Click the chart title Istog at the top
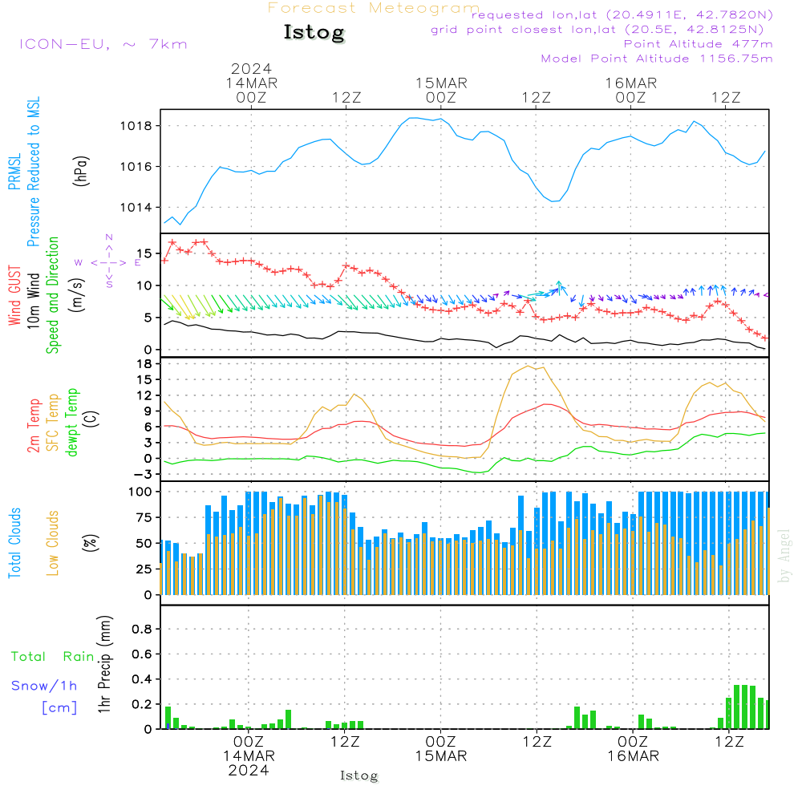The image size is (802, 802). tap(314, 33)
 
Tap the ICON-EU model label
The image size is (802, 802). tap(103, 43)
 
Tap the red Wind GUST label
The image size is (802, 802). tap(14, 297)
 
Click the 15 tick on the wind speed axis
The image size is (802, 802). tap(146, 253)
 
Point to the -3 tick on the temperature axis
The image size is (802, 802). tap(144, 474)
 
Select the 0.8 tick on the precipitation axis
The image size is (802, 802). tap(141, 630)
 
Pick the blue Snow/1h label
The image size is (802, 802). tap(44, 686)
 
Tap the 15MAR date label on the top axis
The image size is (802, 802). tap(441, 83)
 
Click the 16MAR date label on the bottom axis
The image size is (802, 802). tap(633, 755)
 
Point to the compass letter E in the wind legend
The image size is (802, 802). tap(137, 262)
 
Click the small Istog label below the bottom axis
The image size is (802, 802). tap(358, 776)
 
